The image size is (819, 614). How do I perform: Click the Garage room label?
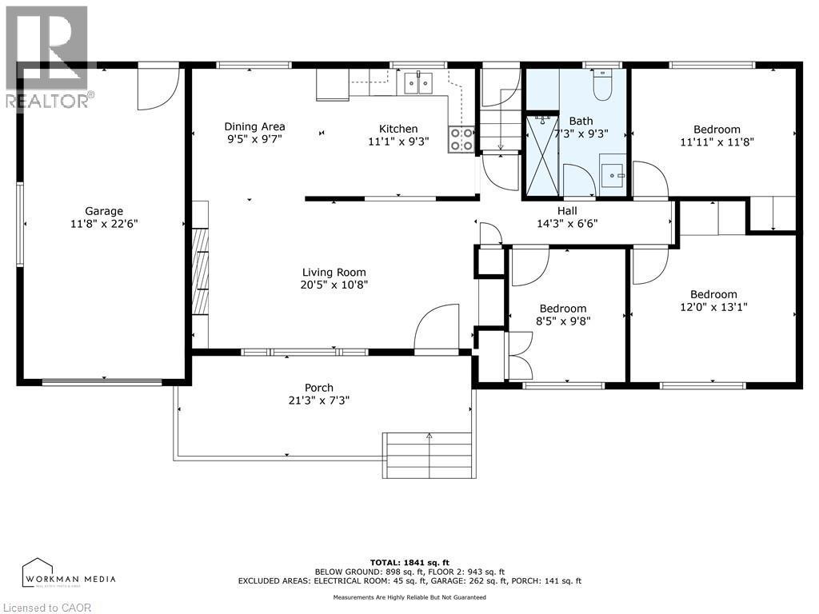[x=104, y=212]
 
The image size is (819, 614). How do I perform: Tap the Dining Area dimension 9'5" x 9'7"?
[x=254, y=139]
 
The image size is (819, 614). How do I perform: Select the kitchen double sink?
[x=418, y=82]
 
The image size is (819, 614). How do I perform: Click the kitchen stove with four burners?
[x=461, y=139]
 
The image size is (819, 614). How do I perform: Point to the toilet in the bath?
[x=602, y=84]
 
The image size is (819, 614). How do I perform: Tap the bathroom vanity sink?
[x=613, y=172]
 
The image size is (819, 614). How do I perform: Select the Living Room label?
[x=334, y=272]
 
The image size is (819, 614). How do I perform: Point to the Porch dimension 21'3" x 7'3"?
[x=318, y=401]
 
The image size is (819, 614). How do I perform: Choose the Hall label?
[x=567, y=210]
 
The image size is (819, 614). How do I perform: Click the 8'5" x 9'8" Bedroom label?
[x=562, y=309]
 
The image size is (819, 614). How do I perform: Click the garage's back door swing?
[x=157, y=88]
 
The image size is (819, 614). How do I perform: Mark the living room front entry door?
[x=437, y=328]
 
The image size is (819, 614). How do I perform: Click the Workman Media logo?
[x=69, y=573]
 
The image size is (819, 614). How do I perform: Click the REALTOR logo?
[x=48, y=56]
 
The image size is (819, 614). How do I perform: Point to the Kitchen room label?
[x=398, y=129]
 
